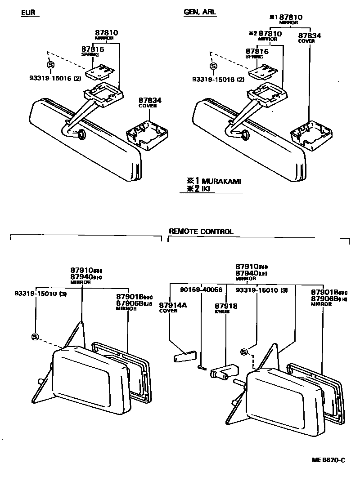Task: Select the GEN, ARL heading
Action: (200, 13)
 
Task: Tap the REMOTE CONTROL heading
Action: (201, 232)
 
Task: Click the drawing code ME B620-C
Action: (328, 460)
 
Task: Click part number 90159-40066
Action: (201, 290)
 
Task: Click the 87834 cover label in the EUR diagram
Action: (150, 100)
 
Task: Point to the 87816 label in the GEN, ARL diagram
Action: (256, 51)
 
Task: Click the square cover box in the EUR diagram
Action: (147, 133)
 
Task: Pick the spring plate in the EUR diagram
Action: (102, 70)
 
